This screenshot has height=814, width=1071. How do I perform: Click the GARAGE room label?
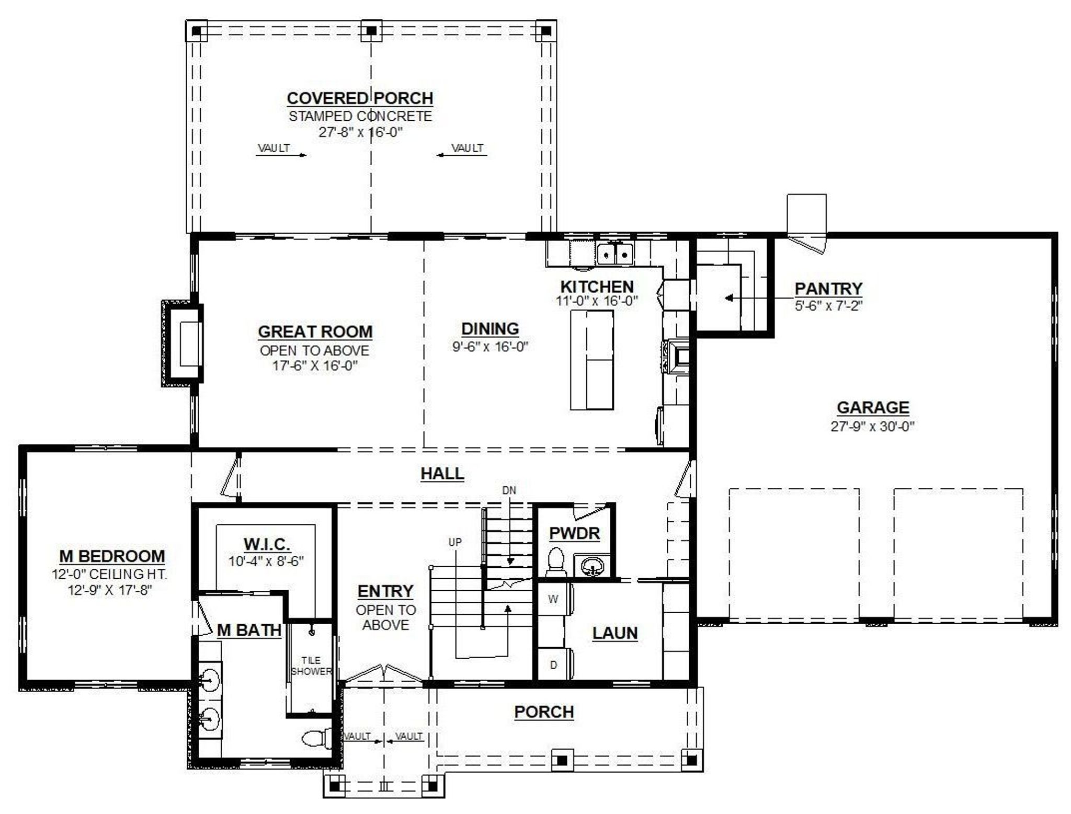(872, 407)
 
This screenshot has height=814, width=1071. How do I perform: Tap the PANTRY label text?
(828, 288)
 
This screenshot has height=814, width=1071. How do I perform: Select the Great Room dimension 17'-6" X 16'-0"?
(314, 365)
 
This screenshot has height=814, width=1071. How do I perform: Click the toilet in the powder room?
(555, 560)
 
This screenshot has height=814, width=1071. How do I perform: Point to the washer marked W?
(553, 599)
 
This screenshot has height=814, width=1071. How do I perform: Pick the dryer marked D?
(553, 665)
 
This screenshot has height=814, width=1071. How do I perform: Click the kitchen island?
(591, 360)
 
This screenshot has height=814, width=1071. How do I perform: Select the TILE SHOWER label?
(311, 666)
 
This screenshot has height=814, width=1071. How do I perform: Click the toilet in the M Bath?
(315, 738)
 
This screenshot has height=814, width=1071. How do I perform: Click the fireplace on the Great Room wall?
(183, 343)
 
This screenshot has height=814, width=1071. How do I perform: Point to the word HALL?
(442, 474)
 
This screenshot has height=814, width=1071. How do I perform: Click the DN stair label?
(509, 490)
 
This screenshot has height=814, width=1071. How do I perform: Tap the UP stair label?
(455, 542)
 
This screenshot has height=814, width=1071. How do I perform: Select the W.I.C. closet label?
(267, 544)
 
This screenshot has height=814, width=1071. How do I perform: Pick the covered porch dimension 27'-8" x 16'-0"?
(360, 132)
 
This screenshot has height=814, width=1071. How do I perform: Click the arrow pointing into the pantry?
(732, 299)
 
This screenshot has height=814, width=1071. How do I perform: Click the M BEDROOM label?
(112, 556)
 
